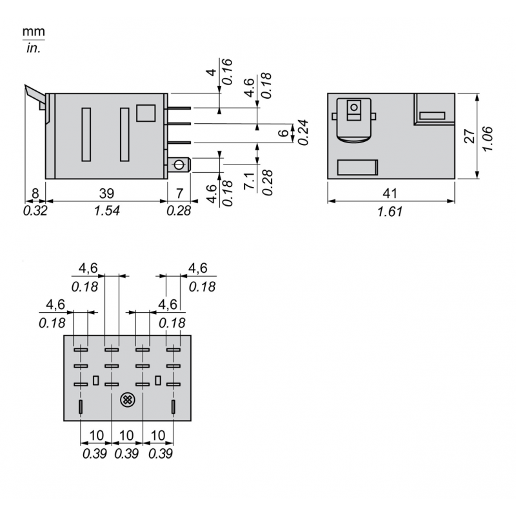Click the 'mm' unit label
point(34,31)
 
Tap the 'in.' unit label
point(34,48)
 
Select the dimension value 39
point(107,192)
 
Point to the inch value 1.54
point(107,210)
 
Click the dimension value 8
point(35,192)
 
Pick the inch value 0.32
point(35,210)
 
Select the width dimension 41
point(391,192)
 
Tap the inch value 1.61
point(391,210)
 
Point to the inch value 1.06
point(488,136)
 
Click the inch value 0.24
point(301,133)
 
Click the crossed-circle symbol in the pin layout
point(127,401)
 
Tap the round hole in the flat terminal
point(178,165)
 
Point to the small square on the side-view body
point(146,114)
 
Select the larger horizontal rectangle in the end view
point(357,167)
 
